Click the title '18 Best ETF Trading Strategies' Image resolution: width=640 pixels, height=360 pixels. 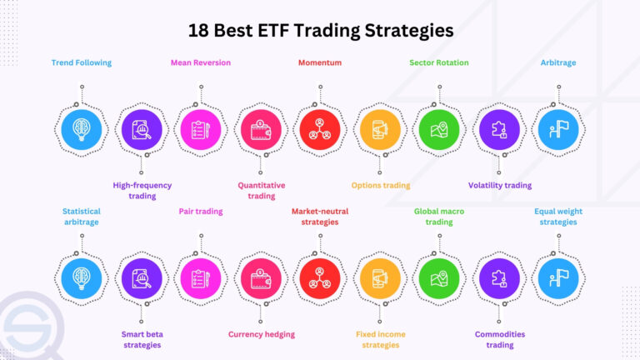pos(320,31)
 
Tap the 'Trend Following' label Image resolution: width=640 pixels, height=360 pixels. pos(82,62)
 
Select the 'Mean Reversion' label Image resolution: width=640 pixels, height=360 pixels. pos(201,62)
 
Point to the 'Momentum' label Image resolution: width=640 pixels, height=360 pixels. pos(320,62)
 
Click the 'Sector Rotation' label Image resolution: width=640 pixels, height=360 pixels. pos(439,62)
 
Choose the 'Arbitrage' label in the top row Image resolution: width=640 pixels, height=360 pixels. pos(558,62)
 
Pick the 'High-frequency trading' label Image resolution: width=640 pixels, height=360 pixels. pos(142,191)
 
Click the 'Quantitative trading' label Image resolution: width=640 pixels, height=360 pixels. pos(261,191)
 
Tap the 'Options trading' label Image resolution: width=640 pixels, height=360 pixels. pos(381,186)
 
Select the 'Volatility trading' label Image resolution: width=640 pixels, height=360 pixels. pos(500,186)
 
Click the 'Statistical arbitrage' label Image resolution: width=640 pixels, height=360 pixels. pos(82,217)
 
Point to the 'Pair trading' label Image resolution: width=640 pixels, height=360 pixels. pos(201,212)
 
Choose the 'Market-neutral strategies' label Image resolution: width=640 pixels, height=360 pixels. pos(320,217)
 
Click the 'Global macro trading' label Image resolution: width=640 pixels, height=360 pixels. pos(439,217)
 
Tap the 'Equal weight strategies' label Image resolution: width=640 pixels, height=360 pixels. pos(558,217)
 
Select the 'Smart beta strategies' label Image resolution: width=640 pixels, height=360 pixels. pos(142,339)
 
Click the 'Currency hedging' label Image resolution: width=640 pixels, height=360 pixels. pos(261,335)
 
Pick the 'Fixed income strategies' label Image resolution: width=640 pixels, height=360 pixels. pos(381,339)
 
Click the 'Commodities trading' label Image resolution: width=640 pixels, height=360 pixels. pos(500,339)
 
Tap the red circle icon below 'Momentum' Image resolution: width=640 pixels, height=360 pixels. pos(320,129)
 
